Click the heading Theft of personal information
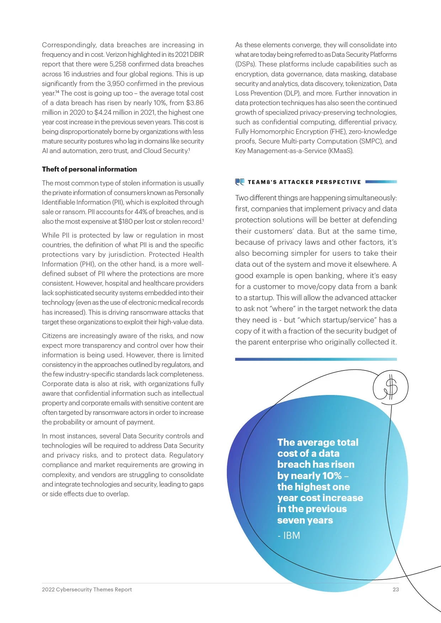click(x=89, y=169)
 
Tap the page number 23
click(x=395, y=589)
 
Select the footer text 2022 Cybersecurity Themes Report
click(x=87, y=589)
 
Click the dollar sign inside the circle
click(x=391, y=387)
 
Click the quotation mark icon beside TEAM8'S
click(x=240, y=182)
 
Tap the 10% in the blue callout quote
click(x=332, y=476)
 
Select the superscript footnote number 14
click(x=57, y=92)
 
